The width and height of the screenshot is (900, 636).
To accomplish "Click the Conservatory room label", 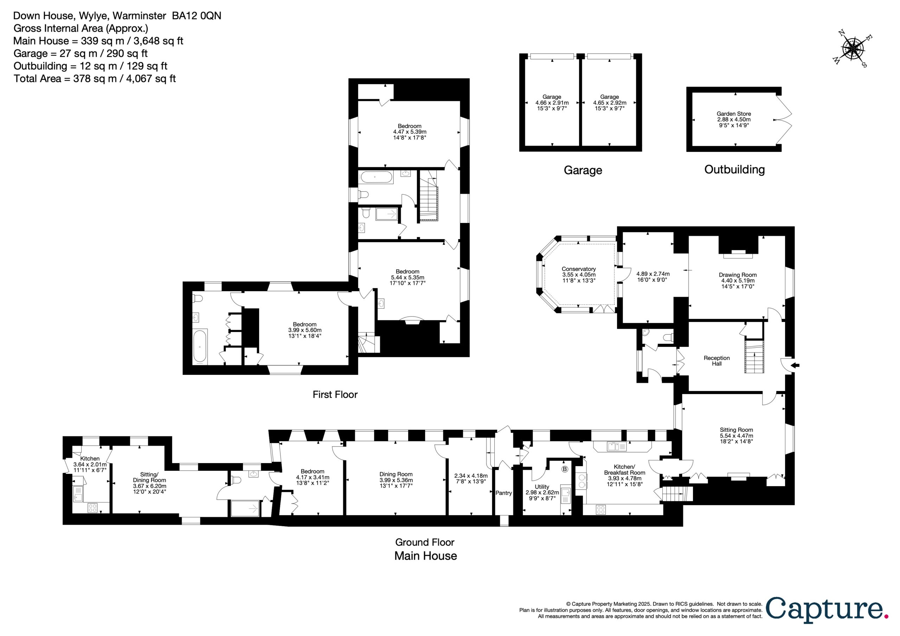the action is pos(579,275).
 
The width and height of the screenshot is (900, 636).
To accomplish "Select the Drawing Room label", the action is pos(738,280).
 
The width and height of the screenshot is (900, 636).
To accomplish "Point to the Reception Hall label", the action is pos(716,361).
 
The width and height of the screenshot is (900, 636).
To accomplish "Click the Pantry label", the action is pos(503,493).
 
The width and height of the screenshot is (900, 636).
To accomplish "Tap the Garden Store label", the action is pos(734,119).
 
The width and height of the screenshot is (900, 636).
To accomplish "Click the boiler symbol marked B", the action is pos(565,469).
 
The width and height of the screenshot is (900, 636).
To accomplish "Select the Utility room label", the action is pos(542,493).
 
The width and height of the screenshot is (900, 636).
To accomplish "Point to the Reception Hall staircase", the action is pos(754,357).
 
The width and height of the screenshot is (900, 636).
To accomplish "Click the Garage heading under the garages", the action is pos(583,170).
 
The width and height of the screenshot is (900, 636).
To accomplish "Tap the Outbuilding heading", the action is pos(734,169).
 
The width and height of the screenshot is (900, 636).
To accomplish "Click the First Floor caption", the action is pos(335,394).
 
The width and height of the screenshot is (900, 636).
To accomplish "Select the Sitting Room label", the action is pos(736,435).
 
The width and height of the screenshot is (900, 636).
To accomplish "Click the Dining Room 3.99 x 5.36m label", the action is pos(396,480).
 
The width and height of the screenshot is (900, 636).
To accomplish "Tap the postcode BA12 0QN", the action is pos(197,16).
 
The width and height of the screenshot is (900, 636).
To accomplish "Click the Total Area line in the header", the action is pos(95,78).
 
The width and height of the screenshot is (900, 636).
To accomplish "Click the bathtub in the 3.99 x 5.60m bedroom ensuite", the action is pos(200,347).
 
